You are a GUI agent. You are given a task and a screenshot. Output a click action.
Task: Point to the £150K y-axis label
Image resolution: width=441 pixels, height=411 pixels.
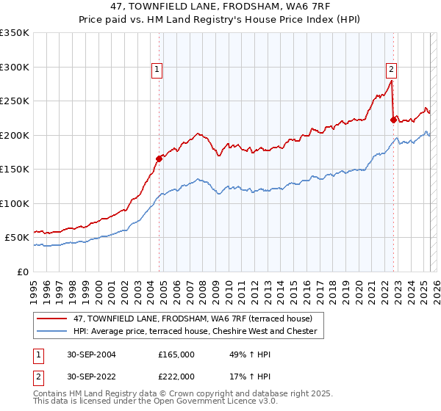(15, 169)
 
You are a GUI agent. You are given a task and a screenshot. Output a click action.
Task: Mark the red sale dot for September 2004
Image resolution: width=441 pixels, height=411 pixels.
(159, 158)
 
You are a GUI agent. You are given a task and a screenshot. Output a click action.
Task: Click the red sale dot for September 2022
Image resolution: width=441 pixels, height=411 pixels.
(393, 119)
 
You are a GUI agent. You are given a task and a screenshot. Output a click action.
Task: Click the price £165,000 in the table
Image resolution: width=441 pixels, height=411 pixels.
(176, 354)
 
